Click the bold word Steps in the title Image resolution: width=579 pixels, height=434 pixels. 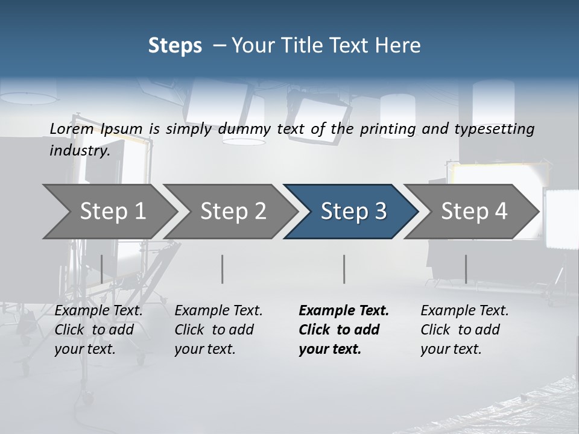click(175, 46)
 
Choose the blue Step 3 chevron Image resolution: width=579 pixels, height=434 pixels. click(353, 212)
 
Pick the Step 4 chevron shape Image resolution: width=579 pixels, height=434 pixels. click(474, 212)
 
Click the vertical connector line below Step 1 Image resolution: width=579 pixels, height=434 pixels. click(101, 269)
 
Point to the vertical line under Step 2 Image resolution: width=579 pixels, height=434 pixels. click(223, 269)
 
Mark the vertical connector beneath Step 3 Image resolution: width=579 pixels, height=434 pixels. click(344, 269)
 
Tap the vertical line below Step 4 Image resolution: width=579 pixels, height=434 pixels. click(466, 269)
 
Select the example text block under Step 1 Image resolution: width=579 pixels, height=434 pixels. click(98, 330)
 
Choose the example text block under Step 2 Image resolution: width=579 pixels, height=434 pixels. click(218, 330)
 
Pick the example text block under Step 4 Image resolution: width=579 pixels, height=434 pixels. click(464, 330)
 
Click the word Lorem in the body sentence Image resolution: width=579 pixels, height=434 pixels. click(72, 128)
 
